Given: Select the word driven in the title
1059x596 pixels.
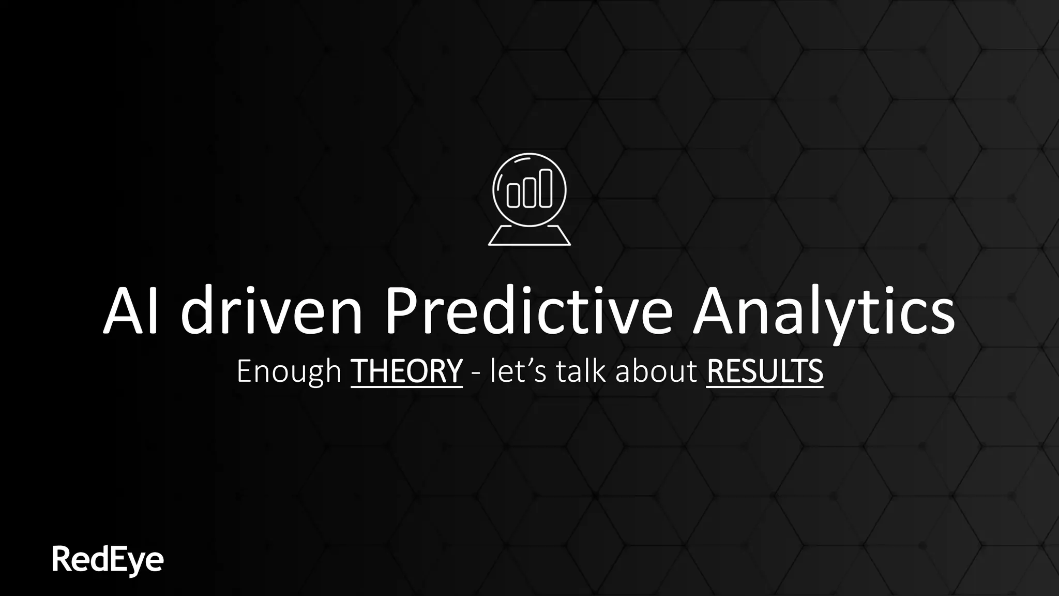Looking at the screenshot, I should click(271, 311).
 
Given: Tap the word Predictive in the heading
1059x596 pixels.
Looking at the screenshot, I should click(528, 311).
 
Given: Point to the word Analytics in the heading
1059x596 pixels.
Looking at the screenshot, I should click(823, 312).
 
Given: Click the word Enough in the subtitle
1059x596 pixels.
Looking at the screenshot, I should click(289, 371).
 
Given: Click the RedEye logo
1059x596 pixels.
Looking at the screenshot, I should click(108, 560).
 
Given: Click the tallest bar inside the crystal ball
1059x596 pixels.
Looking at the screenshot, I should click(546, 188).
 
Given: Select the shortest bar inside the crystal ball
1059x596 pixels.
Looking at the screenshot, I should click(513, 195).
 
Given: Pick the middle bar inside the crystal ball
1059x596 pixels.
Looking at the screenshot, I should click(529, 192).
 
